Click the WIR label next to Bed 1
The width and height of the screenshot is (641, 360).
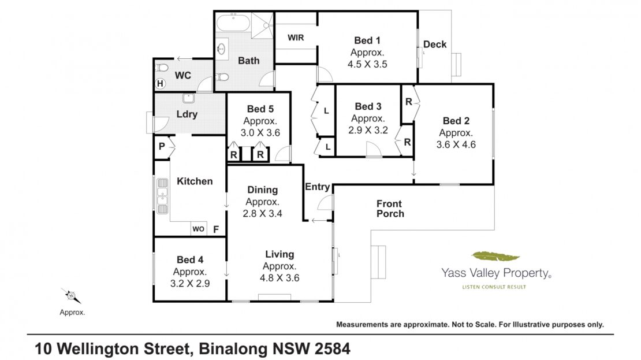(296, 38)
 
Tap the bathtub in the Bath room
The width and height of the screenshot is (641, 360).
(233, 23)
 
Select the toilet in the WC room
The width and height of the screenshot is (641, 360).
(162, 68)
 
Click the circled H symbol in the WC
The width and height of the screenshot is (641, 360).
(161, 83)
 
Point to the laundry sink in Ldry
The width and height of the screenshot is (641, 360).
(188, 98)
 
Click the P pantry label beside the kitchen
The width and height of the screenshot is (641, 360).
(162, 146)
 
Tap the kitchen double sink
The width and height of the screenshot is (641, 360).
(162, 196)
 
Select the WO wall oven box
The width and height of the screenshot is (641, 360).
(199, 229)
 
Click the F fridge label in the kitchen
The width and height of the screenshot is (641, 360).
(216, 229)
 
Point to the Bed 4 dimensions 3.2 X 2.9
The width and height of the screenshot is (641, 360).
(190, 284)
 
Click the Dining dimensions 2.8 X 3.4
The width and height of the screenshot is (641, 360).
(262, 213)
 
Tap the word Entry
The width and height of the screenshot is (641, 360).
(317, 187)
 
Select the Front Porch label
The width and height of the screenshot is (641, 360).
(390, 209)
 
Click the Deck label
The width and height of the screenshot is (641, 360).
(435, 44)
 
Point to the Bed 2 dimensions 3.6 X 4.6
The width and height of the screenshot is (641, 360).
(456, 144)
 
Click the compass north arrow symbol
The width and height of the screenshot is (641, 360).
(71, 295)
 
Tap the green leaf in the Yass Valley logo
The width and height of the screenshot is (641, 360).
(495, 257)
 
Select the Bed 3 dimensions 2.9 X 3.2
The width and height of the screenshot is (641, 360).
(368, 130)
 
